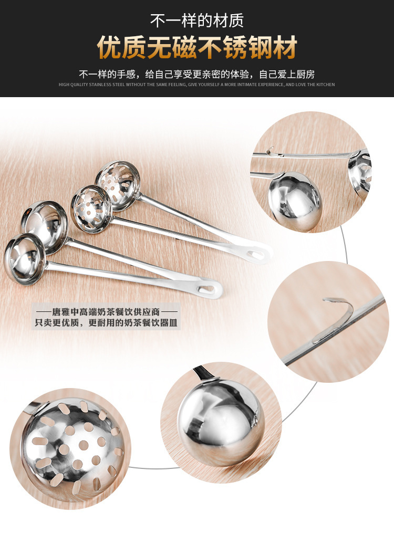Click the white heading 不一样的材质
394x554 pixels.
pos(197,20)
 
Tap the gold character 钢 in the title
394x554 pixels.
pos(260,47)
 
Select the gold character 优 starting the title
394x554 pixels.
pos(109,47)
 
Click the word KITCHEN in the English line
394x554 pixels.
pos(326,85)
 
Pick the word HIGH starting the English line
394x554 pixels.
pos(64,85)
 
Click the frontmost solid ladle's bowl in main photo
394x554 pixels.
pos(24,259)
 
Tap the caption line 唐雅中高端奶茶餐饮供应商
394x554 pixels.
pos(106,312)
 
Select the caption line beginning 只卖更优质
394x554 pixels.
pos(106,323)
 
